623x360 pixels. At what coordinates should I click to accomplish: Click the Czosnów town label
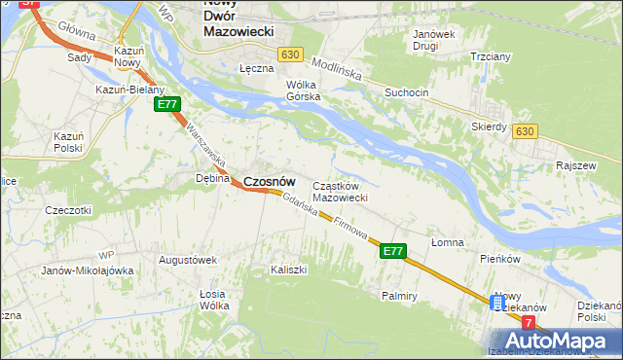pos(269,181)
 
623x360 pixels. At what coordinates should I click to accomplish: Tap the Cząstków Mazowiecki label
pos(339,192)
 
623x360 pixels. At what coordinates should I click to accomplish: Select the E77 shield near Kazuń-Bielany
pos(166,104)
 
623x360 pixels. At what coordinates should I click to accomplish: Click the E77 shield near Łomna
pos(391,251)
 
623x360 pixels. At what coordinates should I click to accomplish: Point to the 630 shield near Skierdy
pos(526,131)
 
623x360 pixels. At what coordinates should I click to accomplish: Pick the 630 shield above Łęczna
pos(288,55)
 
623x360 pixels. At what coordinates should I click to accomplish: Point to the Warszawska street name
pos(205,143)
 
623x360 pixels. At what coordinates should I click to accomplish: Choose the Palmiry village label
pos(400,294)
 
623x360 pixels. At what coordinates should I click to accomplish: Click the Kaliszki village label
pos(289,269)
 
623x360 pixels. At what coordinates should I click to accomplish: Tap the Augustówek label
pos(187,260)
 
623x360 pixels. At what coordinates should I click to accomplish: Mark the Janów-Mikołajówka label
pos(87,270)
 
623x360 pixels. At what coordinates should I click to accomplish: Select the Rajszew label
pos(574,165)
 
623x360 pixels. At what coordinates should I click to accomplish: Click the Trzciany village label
pos(491,56)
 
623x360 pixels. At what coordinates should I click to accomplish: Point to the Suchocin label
pos(406,92)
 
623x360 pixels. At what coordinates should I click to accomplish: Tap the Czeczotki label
pos(68,209)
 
